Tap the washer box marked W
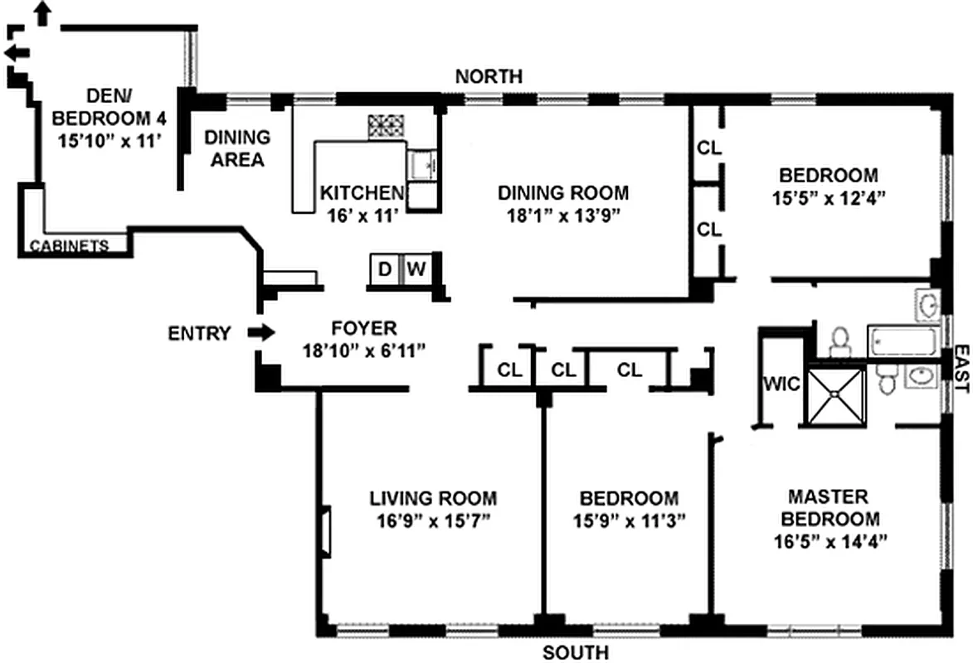coord(416,269)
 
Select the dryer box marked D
coord(384,269)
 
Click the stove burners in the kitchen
coord(386,126)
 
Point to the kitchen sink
coord(423,163)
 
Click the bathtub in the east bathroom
coord(903,341)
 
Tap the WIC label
coord(781,385)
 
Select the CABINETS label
coord(69,245)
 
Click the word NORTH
coord(489,76)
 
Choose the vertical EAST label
coord(961,370)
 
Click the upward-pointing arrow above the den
coord(42,12)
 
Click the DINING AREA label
coord(237,148)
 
